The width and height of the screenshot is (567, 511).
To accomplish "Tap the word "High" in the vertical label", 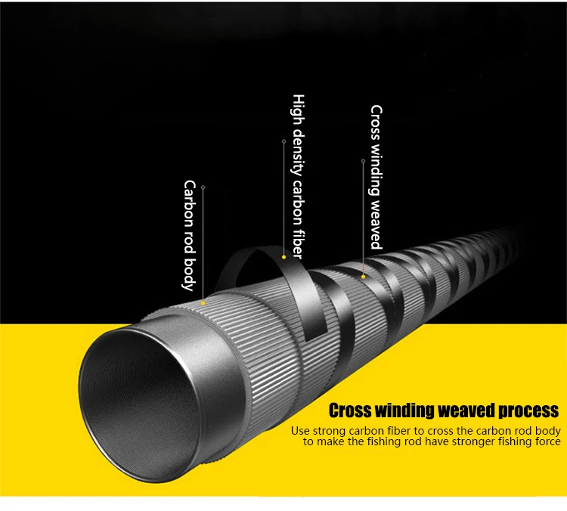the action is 299,110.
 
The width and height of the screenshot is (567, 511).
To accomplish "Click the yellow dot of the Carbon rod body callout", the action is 203,303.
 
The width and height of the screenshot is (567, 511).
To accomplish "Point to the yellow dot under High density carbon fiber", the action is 283,257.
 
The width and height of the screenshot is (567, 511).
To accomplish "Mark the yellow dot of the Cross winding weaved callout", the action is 363,277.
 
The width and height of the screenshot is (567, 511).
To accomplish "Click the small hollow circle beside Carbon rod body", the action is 203,187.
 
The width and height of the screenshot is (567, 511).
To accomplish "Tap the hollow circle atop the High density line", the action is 283,141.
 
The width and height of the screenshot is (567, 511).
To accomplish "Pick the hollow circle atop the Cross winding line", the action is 363,161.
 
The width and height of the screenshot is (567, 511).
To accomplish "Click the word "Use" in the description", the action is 300,431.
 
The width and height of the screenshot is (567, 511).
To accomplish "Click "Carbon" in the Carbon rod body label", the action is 189,203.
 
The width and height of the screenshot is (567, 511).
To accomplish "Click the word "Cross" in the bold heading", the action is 350,411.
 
